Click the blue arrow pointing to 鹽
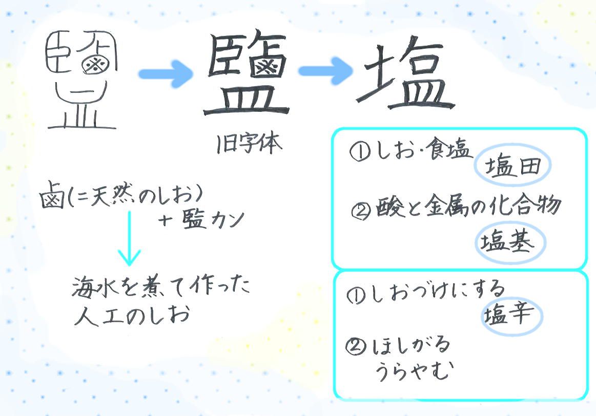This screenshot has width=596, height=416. point(166,73)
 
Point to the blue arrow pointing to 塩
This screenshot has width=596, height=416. point(326,70)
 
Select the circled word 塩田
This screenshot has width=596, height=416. point(512,165)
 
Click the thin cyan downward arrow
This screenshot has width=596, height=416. point(129,238)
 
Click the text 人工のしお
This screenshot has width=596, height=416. point(132,316)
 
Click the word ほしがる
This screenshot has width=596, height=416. point(410,345)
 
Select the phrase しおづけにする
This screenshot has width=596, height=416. point(437,292)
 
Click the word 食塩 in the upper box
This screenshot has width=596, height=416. point(448,149)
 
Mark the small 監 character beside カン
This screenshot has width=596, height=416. point(194,220)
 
